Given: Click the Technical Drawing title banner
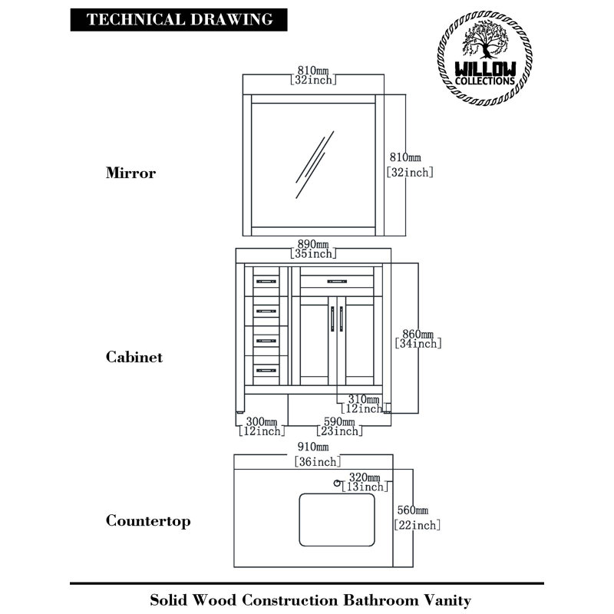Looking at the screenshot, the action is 179,20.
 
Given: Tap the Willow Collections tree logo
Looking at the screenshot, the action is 485,58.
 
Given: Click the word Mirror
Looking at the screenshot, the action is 130,173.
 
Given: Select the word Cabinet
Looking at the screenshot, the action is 134,357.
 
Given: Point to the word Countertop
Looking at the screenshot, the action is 148,521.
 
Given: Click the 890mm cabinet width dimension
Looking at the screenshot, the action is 313,249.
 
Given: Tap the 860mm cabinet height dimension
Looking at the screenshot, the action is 418,339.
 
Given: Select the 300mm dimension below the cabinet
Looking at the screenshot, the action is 262,427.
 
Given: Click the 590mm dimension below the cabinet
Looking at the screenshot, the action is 339,427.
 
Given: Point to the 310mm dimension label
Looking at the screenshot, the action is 363,404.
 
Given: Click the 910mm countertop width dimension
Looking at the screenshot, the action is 317,454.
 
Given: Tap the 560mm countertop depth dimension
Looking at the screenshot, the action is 418,517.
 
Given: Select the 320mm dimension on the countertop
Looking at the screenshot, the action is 365,482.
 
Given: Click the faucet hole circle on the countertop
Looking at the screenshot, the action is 337,484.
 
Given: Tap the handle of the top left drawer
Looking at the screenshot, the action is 266,281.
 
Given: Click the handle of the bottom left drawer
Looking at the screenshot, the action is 266,370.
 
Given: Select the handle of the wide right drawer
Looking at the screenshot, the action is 337,281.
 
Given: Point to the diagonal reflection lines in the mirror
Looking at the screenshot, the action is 315,165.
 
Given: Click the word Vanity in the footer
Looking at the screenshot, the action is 447,600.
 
